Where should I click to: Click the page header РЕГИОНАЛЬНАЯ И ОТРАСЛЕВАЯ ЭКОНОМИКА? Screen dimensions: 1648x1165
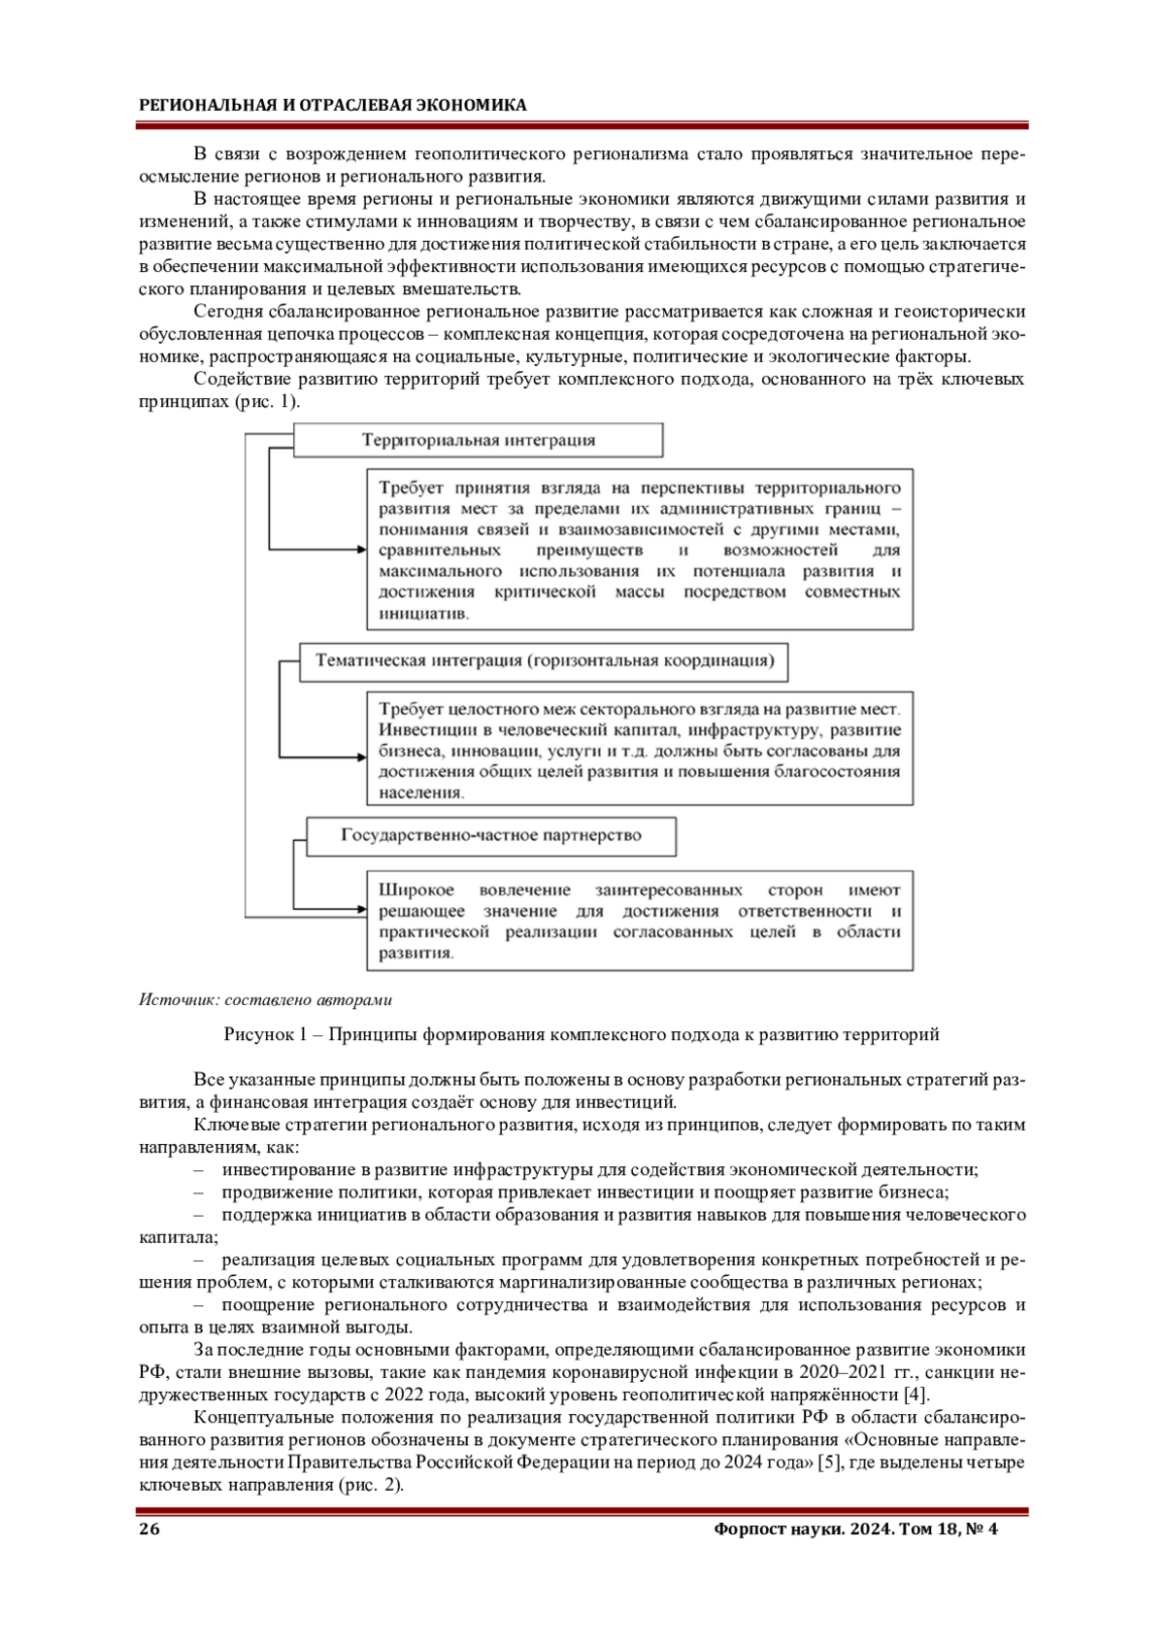tap(332, 105)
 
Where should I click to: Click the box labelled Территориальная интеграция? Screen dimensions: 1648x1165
tap(478, 440)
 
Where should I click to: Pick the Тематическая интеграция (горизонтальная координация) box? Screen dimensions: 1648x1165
tap(544, 661)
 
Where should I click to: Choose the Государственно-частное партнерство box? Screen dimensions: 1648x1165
tap(491, 835)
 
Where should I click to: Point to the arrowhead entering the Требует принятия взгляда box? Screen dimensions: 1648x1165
tap(360, 550)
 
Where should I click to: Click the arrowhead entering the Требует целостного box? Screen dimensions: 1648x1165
tap(360, 757)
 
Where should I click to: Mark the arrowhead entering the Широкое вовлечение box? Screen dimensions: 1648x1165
tap(360, 911)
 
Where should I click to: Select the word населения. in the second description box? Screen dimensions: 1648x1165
tap(421, 792)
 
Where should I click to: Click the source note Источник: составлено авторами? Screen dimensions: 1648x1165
tap(265, 999)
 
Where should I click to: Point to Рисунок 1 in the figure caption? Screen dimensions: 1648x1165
tap(260, 1034)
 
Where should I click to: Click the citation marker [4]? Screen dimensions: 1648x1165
tap(915, 1396)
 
